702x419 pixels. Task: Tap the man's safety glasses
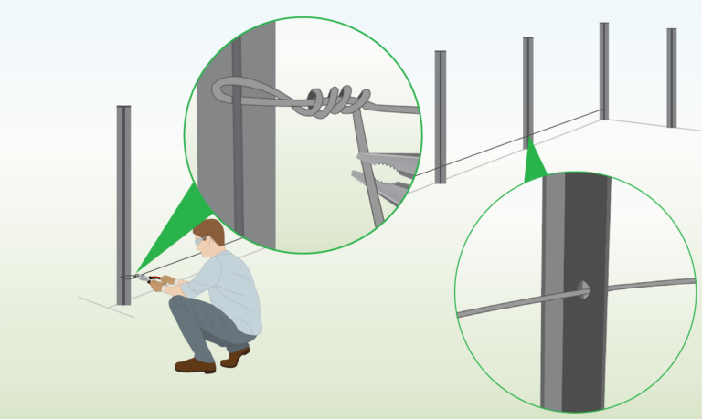click(202, 245)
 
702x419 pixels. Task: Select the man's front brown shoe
click(195, 365)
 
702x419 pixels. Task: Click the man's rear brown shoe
click(236, 355)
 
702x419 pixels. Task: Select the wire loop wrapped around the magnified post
click(247, 90)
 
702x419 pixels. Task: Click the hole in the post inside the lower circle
click(581, 290)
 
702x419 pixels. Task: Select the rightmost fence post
click(672, 78)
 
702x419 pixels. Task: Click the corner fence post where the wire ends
click(604, 68)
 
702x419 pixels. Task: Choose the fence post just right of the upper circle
click(441, 114)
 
